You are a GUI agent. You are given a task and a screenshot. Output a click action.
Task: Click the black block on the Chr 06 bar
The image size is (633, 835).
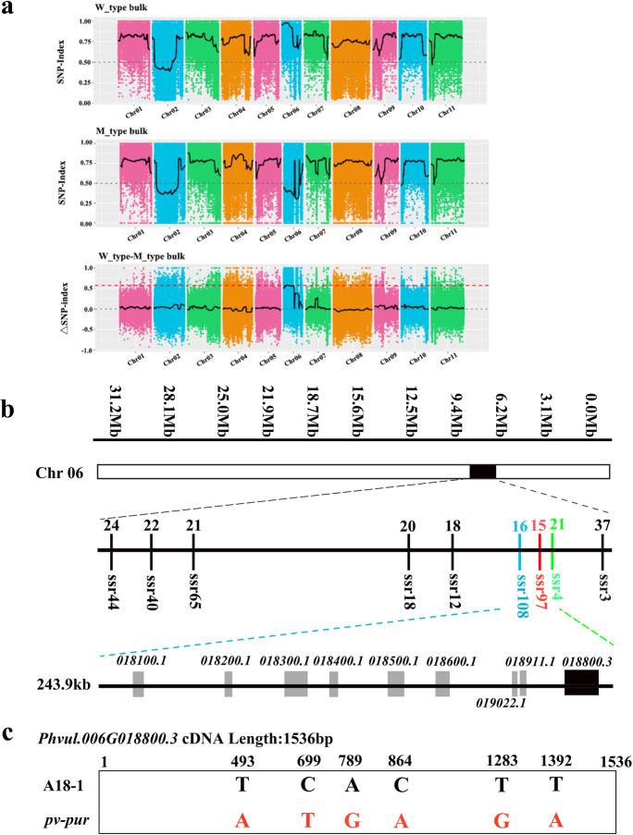click(x=482, y=472)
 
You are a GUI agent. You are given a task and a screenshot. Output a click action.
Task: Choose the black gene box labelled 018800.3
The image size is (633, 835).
click(x=582, y=683)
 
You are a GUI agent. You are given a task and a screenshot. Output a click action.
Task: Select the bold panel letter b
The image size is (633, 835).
click(x=10, y=433)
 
